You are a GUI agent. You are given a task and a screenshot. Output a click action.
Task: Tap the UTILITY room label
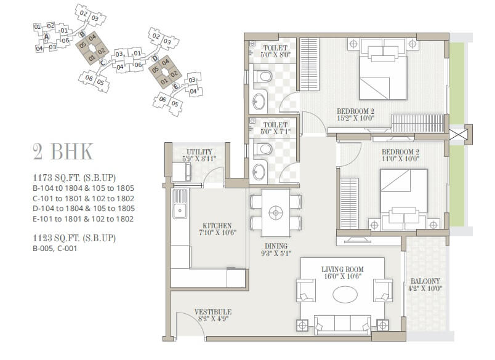pos(199,151)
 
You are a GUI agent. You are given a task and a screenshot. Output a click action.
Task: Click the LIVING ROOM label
pos(342,270)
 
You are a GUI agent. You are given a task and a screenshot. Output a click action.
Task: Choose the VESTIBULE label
pos(212,312)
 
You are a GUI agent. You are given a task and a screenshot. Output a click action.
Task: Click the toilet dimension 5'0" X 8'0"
pos(275,54)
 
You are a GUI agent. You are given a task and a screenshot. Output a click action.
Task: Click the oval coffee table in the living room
pos(344,294)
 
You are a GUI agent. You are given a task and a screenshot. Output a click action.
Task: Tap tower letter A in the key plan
pos(47,37)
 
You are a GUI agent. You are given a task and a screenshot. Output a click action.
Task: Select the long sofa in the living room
pos(342,324)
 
